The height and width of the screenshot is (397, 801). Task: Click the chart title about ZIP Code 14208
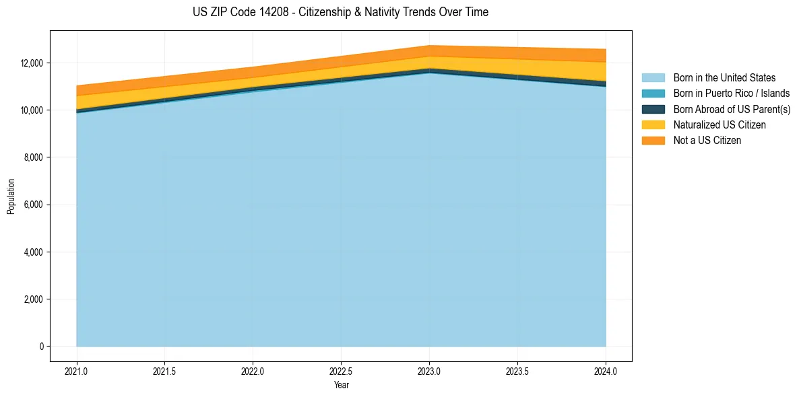340,12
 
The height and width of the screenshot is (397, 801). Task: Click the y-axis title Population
11,196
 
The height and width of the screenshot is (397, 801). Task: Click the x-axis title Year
341,385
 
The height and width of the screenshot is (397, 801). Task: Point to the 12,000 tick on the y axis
31,63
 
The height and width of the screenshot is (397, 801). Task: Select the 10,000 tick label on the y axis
31,110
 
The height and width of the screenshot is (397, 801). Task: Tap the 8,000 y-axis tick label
33,157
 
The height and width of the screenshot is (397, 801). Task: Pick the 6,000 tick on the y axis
33,205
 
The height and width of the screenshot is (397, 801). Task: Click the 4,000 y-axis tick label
33,252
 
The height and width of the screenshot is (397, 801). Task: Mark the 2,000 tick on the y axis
33,299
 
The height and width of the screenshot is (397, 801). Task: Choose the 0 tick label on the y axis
40,347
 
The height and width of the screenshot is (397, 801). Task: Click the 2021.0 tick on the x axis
76,371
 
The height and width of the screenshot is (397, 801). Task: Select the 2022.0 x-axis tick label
253,371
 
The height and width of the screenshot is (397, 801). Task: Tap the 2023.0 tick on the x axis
429,371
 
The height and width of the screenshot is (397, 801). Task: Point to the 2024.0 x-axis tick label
606,371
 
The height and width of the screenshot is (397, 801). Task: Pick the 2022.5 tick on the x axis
341,371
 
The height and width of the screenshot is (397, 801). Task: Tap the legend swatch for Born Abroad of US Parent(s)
653,109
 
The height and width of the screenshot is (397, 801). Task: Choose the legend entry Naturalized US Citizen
719,124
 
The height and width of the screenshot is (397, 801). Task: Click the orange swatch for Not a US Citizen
653,140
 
